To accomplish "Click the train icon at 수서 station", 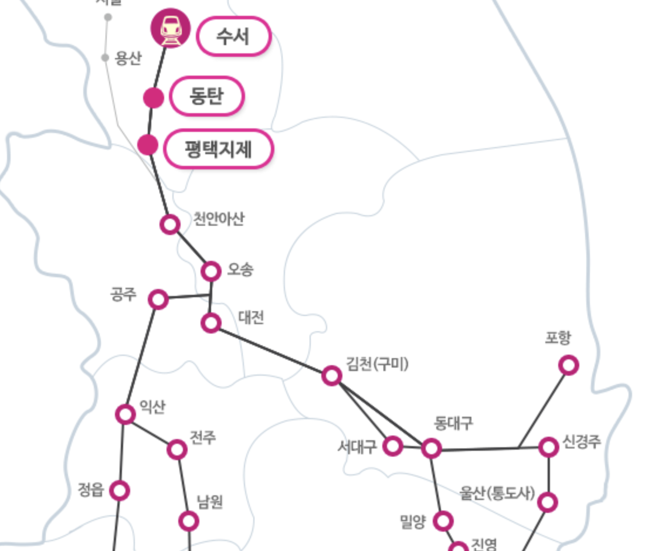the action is tap(171, 28).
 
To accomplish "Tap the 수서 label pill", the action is tap(233, 36).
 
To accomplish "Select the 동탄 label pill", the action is tap(206, 96).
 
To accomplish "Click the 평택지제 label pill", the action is tap(218, 149).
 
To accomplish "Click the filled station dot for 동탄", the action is tap(154, 98).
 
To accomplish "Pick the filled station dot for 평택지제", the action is tap(148, 145).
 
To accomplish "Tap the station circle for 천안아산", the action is tap(170, 224).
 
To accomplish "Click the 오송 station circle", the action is tap(211, 271).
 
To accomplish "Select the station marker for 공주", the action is tap(158, 300).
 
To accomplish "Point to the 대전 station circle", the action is tap(211, 323).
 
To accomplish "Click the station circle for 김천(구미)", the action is tap(332, 375).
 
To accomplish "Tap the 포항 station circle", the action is tap(568, 365).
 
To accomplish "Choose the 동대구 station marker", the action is tap(432, 448).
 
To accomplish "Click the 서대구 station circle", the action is tap(393, 446).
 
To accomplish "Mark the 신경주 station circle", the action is tap(549, 447).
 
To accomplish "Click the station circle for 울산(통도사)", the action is tap(548, 502).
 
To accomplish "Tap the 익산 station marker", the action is tap(125, 414).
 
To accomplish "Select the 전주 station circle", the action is tap(177, 450).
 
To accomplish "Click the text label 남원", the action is tap(210, 502).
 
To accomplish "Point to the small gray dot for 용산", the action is tap(105, 57).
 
